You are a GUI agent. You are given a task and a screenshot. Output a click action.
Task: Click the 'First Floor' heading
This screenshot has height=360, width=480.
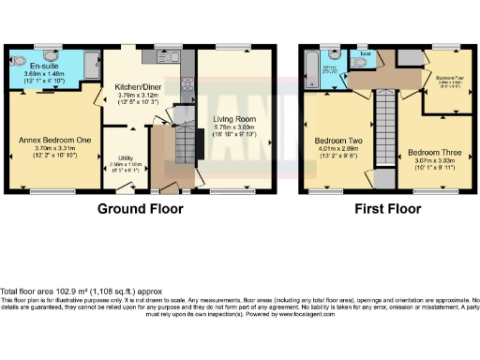coord(381,209)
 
